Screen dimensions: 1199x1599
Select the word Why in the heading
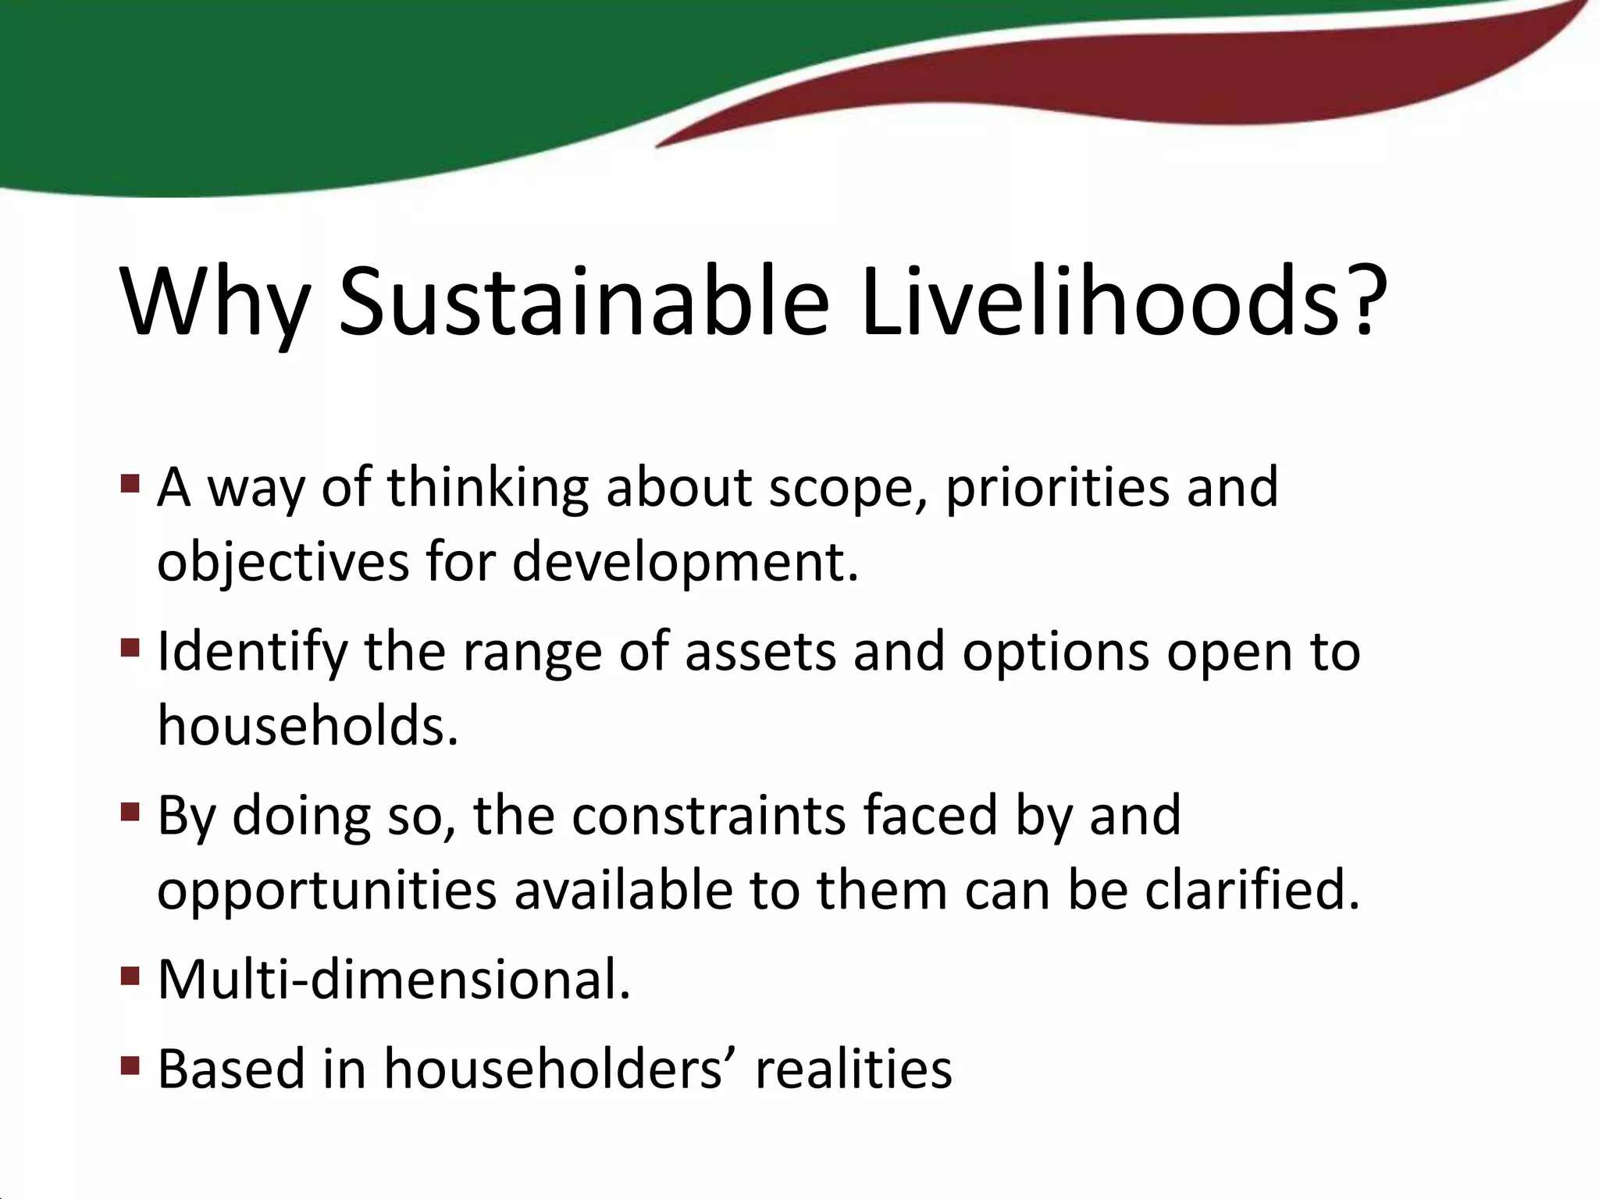point(215,304)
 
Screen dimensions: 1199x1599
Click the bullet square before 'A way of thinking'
point(130,484)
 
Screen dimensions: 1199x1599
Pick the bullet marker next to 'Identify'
point(130,648)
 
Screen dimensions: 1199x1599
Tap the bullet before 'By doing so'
point(130,813)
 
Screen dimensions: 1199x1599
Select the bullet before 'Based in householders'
point(130,1066)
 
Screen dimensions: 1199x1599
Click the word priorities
point(1057,489)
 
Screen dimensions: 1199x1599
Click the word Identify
point(252,653)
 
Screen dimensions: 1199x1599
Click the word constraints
point(708,817)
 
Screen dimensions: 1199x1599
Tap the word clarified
point(1252,890)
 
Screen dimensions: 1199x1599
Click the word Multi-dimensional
point(393,980)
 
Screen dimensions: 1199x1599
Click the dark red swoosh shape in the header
point(1171,86)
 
